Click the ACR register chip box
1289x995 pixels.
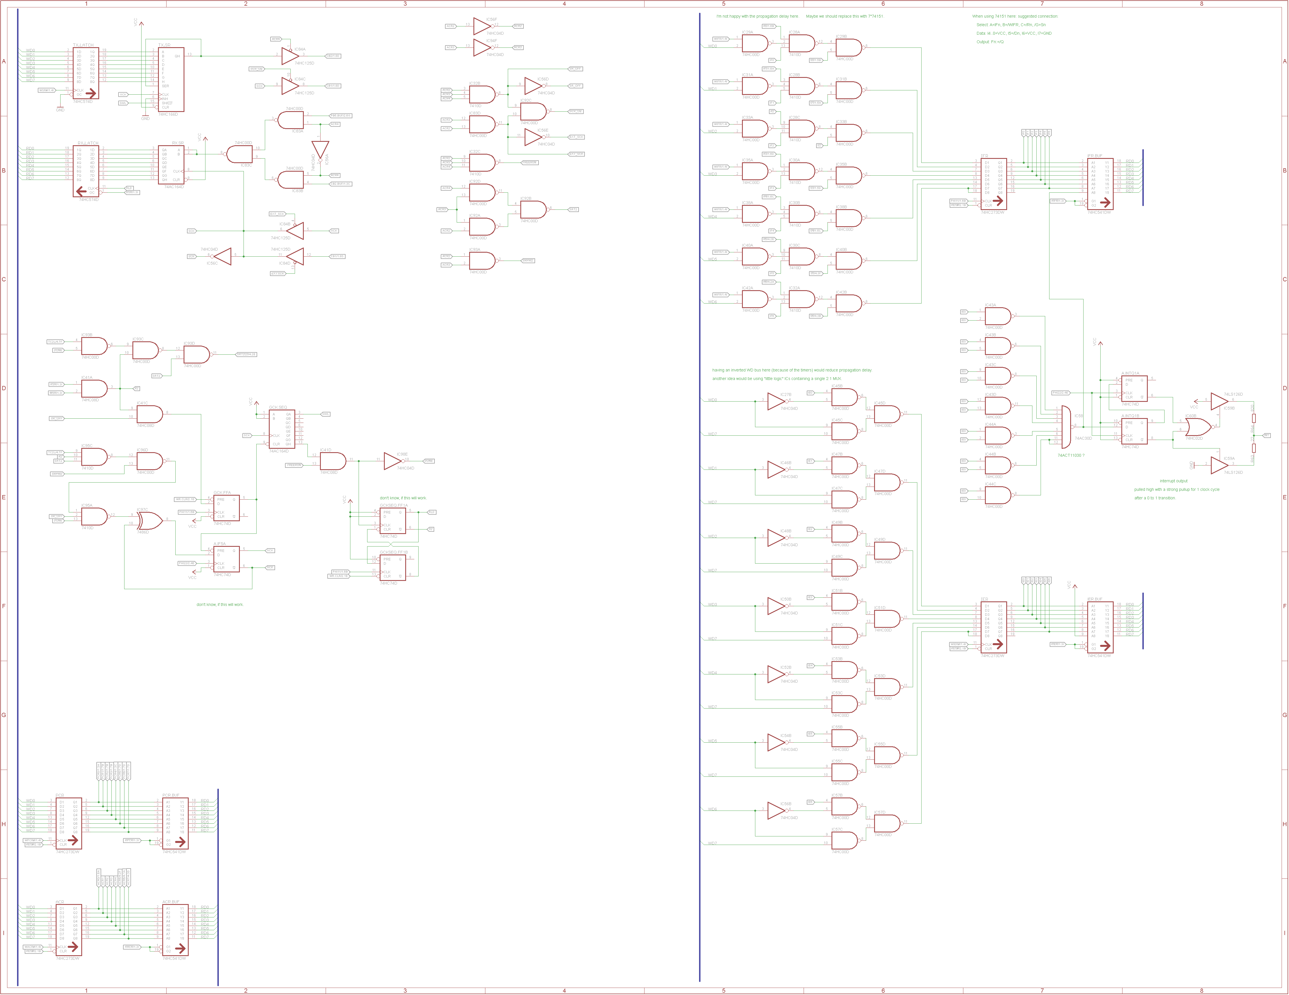click(68, 930)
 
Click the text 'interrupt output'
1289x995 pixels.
click(1173, 481)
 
